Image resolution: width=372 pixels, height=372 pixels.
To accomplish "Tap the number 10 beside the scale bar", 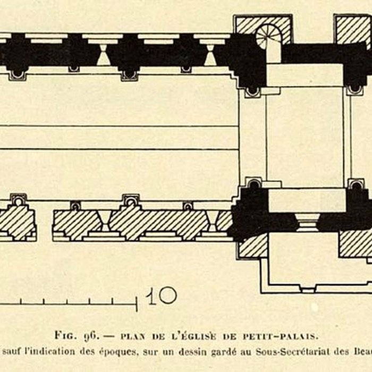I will [162, 295].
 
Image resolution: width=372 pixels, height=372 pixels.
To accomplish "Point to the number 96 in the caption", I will [90, 335].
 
